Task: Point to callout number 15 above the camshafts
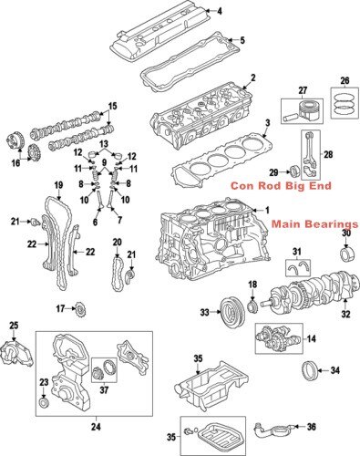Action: pyautogui.click(x=113, y=108)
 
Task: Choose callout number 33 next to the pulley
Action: pyautogui.click(x=204, y=313)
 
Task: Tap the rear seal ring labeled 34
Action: pyautogui.click(x=310, y=372)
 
